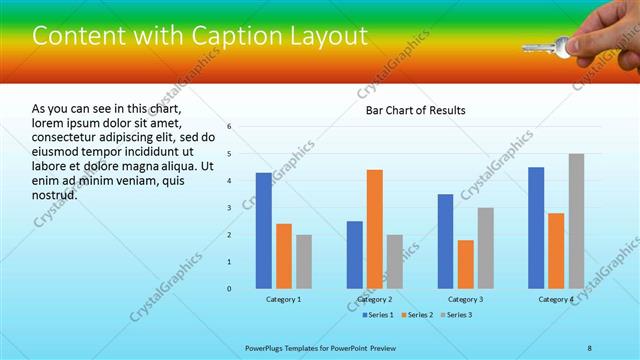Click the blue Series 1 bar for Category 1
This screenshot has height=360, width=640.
coord(263,231)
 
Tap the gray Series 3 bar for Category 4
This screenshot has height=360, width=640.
coord(576,221)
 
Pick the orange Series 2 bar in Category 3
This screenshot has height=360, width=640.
coord(465,264)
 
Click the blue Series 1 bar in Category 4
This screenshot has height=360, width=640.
coord(536,228)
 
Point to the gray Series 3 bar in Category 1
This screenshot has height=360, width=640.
coord(304,262)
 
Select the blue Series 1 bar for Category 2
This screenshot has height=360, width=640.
coord(354,255)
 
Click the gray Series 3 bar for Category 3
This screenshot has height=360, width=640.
coord(485,248)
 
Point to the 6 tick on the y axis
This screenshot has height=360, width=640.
coord(229,127)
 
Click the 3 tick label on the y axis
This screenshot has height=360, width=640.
coord(229,208)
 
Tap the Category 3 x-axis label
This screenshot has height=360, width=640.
coord(465,299)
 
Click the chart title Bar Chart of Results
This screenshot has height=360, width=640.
coord(414,110)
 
